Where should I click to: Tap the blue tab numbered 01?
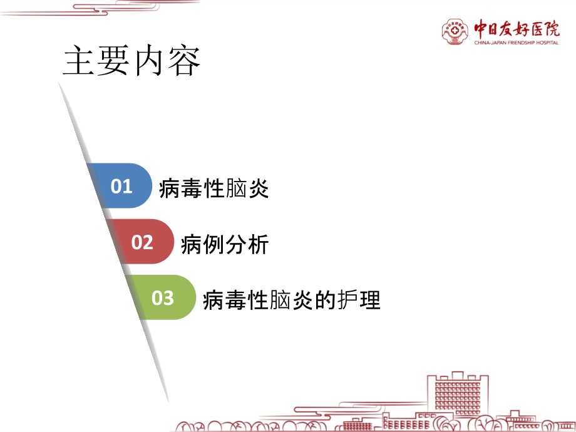(121, 186)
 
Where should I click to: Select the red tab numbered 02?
(142, 242)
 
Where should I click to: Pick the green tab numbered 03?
(162, 297)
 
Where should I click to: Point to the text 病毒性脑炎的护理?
(292, 300)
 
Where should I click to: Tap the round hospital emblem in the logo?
(455, 31)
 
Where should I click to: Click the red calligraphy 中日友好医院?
(517, 28)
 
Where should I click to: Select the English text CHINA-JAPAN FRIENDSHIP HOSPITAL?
(517, 43)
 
